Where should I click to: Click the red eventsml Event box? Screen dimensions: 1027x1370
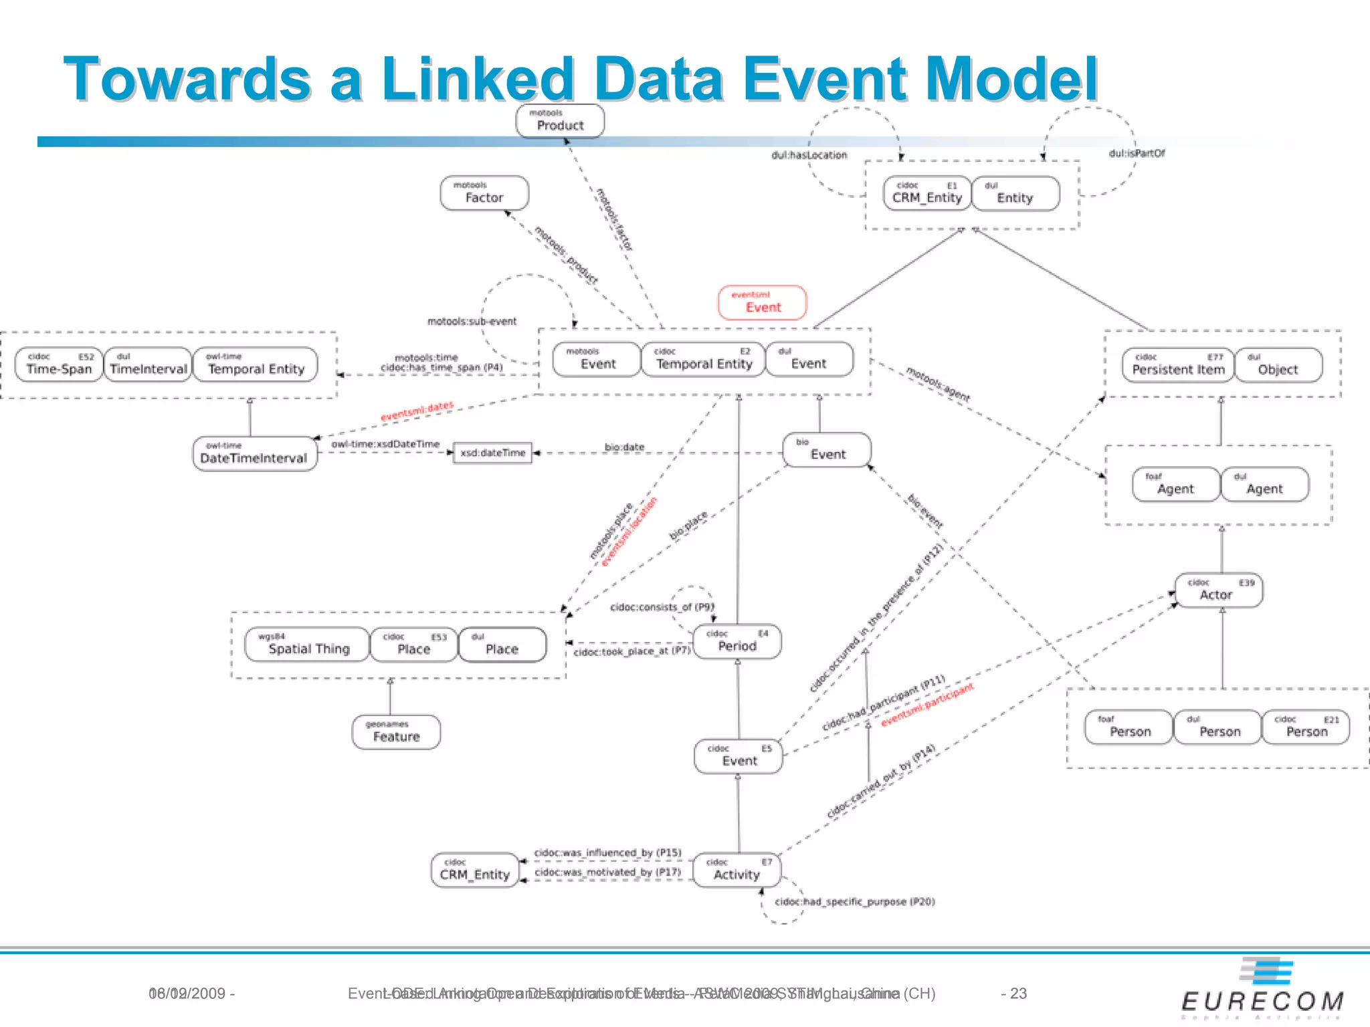point(762,303)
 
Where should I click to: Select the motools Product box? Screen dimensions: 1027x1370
point(560,122)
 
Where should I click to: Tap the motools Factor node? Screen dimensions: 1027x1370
point(484,193)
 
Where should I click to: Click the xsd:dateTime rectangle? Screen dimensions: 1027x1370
point(492,453)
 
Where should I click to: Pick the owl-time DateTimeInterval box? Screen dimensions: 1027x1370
point(254,454)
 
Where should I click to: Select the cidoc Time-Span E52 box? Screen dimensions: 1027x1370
point(59,364)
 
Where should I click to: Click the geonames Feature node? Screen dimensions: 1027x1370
point(396,732)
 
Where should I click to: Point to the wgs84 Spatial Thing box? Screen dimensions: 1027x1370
point(307,645)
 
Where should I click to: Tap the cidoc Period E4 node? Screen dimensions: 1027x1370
point(737,642)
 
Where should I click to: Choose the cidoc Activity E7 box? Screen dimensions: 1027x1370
point(737,871)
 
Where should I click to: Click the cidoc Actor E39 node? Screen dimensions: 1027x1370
point(1218,590)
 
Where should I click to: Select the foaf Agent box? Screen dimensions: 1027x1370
point(1175,485)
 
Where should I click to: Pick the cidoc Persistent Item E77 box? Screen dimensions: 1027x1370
point(1177,365)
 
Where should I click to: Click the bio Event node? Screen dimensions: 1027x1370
point(827,450)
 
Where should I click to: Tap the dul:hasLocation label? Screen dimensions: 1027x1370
point(809,155)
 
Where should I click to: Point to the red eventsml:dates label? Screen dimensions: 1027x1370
point(417,411)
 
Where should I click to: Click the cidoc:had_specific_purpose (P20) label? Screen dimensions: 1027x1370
point(854,902)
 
